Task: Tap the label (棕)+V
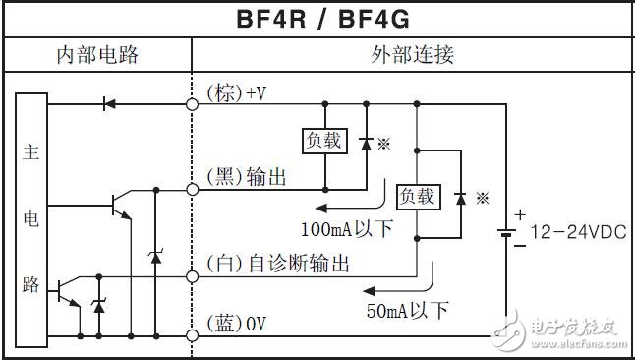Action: pos(236,92)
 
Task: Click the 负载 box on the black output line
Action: pos(324,141)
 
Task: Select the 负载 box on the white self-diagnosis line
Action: pos(416,196)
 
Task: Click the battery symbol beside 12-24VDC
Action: pos(504,233)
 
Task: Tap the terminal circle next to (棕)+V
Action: pos(193,102)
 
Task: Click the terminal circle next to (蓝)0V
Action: pos(193,335)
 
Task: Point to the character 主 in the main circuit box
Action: pos(29,154)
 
